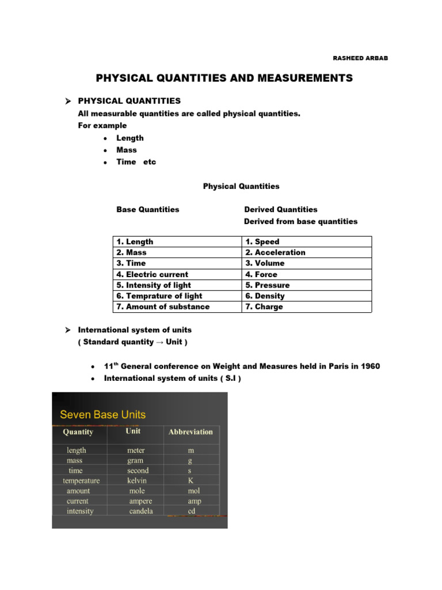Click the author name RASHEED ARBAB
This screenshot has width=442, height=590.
pos(360,58)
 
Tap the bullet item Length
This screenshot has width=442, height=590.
pos(130,138)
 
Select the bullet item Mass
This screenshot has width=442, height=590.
pos(127,150)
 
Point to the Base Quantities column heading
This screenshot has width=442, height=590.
pos(148,210)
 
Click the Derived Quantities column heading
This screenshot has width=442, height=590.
pos(280,210)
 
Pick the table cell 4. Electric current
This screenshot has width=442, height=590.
pos(152,274)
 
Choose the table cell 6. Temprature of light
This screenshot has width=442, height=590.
pos(159,296)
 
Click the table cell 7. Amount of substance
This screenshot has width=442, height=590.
pos(163,307)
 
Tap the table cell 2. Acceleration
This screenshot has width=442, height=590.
pos(275,252)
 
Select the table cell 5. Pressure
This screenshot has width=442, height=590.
pos(268,285)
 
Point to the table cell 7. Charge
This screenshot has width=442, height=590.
pos(264,307)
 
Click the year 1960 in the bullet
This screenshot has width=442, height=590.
pos(369,367)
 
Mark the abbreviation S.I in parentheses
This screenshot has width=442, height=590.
pos(231,378)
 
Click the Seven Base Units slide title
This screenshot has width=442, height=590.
pos(103,414)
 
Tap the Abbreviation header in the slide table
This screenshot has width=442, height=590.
pos(190,432)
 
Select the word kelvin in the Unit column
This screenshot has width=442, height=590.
pos(137,481)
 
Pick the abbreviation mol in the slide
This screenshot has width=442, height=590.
pos(193,491)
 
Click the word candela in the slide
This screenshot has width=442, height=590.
pos(141,511)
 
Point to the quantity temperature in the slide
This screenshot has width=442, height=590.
pos(81,481)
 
